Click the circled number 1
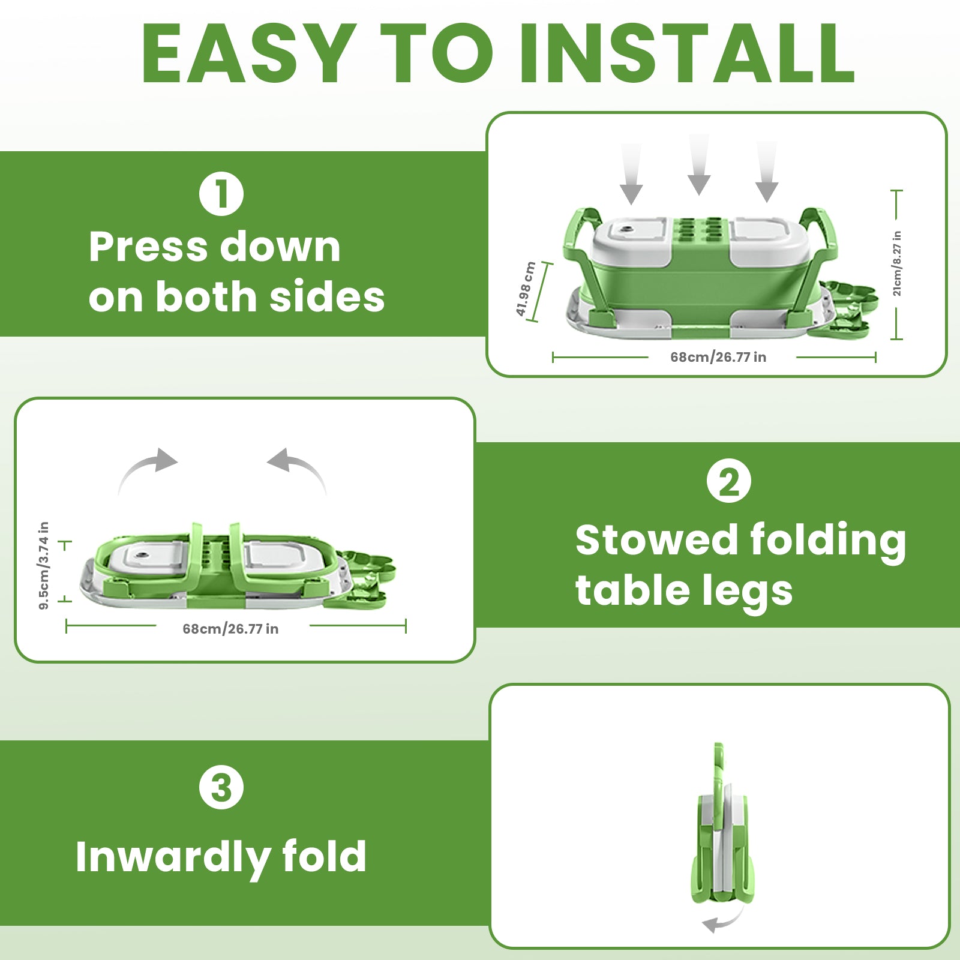(221, 194)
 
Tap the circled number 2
(729, 481)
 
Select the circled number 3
(221, 787)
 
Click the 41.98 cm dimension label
(526, 289)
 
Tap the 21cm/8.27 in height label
(897, 263)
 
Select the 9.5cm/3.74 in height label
(44, 566)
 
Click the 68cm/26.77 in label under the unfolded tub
(718, 357)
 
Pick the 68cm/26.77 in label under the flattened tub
(230, 629)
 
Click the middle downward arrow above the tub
(699, 165)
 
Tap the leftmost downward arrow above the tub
(631, 174)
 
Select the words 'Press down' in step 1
(215, 247)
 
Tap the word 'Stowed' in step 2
(656, 539)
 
